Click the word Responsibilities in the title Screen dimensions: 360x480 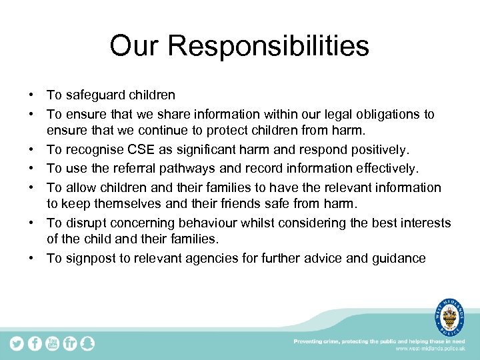click(269, 47)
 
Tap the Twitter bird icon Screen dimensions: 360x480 click(16, 343)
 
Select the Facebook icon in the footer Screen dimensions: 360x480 click(34, 343)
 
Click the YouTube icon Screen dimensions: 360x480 click(52, 343)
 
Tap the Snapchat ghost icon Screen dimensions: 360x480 click(87, 343)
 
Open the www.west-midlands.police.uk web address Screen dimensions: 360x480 click(431, 349)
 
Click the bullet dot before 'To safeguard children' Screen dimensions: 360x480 click(31, 96)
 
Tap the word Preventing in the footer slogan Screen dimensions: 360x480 click(311, 341)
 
